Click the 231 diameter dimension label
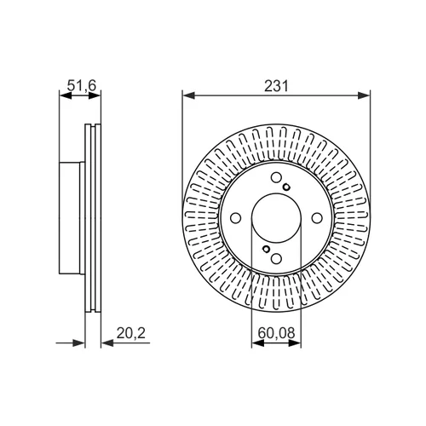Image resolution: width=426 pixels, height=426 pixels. pos(276,86)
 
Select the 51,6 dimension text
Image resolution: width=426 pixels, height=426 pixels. pos(82,85)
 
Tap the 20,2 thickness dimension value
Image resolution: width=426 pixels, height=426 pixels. pos(130,333)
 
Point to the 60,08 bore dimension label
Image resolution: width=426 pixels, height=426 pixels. pos(276,333)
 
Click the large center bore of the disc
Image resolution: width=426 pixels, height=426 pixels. pos(276,218)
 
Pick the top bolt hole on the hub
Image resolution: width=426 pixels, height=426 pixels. pos(276,177)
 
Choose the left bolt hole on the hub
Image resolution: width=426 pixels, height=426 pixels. pos(236,218)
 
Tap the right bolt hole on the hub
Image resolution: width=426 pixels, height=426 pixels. pos(317,218)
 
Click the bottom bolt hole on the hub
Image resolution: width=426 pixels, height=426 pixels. pos(276,258)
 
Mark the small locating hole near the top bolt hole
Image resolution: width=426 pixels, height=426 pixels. pos(286,187)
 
